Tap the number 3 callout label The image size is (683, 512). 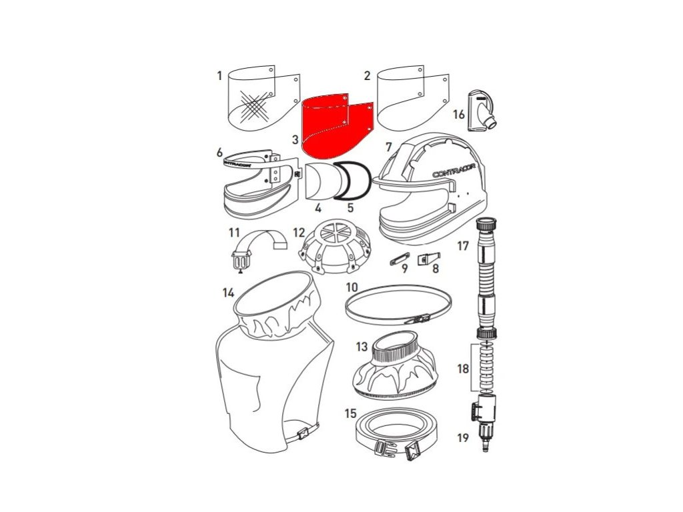click(x=295, y=140)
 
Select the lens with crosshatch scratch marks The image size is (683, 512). click(x=264, y=99)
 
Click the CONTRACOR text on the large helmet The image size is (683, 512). click(x=454, y=169)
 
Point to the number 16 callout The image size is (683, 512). click(x=459, y=115)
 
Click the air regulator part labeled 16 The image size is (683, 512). click(x=482, y=111)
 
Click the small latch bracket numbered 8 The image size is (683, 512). click(x=429, y=259)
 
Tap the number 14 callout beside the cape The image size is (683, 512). click(x=228, y=293)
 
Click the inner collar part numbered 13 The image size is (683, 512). click(x=395, y=366)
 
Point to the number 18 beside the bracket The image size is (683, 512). click(x=463, y=369)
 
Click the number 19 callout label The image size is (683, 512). click(x=463, y=437)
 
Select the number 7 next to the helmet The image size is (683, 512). click(x=389, y=147)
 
